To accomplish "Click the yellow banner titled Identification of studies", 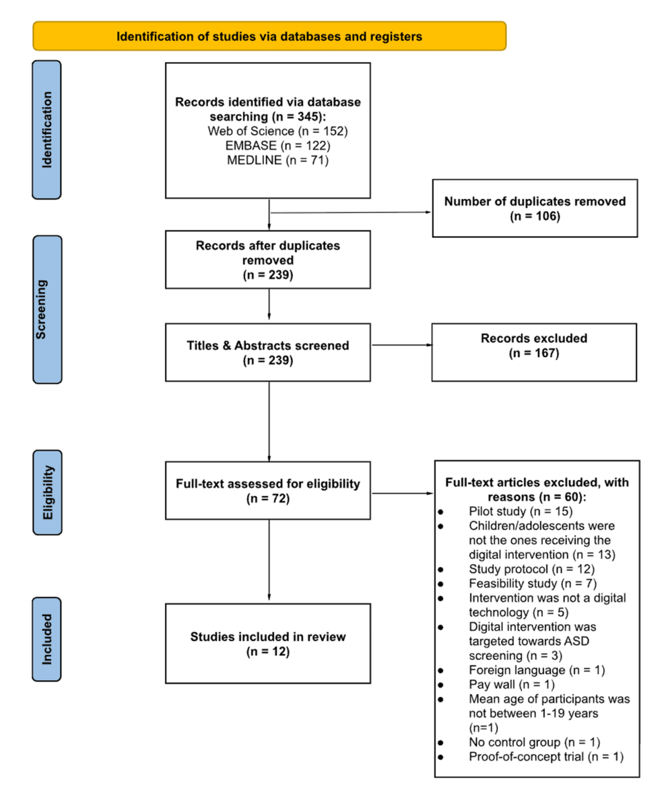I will point(269,36).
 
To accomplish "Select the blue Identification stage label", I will point(46,129).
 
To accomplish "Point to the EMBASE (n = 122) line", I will point(267,145).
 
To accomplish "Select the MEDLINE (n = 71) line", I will point(267,160).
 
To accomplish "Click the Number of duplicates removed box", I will point(535,208).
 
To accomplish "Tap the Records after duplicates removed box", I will point(268,260).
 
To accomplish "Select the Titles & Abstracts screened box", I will point(268,353).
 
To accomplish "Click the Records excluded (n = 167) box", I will point(535,352).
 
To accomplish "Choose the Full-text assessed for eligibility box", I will point(268,490).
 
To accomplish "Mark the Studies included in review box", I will point(268,643).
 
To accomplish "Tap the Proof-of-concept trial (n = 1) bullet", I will point(545,757).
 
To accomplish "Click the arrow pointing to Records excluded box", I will point(401,346).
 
